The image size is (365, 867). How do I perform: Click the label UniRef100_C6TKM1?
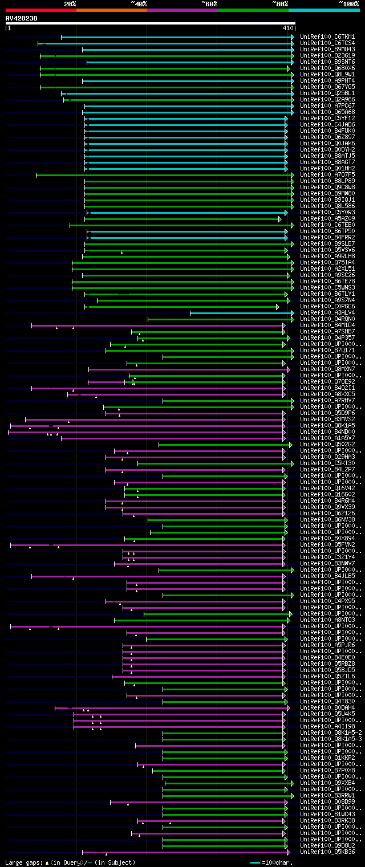(327, 37)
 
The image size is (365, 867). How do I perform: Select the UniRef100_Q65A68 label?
(327, 112)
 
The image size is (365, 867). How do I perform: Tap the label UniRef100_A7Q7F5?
(327, 175)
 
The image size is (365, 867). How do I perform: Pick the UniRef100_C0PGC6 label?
(327, 307)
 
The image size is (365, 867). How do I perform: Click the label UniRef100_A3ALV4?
(327, 313)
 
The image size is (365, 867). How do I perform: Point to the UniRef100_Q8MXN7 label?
(327, 369)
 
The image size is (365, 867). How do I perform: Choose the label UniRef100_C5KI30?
(327, 463)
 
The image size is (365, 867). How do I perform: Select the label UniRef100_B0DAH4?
(327, 708)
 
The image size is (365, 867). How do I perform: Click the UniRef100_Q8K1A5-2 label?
(331, 733)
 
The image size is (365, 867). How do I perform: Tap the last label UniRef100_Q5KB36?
(327, 852)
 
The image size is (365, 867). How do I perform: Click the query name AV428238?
(21, 18)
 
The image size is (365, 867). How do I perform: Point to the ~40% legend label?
(139, 4)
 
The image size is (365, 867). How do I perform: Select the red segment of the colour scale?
(40, 10)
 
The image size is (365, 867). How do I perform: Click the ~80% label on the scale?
(279, 4)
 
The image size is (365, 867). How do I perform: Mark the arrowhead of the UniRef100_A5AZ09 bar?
(279, 219)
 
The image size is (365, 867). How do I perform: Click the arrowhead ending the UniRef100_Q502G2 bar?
(290, 445)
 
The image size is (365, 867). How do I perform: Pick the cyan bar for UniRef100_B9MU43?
(188, 50)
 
